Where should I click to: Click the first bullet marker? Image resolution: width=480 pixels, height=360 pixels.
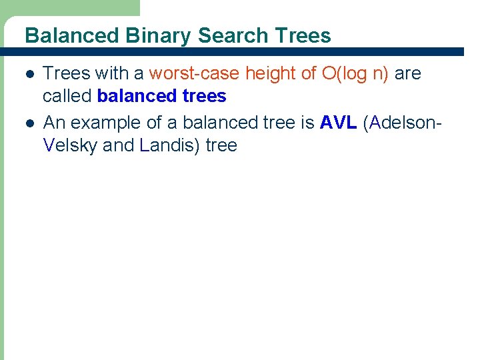27,74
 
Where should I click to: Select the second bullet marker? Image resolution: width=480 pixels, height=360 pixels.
27,123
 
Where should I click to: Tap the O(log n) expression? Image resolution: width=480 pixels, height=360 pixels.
355,73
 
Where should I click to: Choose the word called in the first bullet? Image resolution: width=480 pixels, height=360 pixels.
67,96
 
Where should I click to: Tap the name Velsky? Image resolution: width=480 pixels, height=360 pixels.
70,145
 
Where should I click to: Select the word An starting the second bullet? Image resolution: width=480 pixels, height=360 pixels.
54,123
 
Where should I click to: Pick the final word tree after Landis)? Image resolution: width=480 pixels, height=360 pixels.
221,145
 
